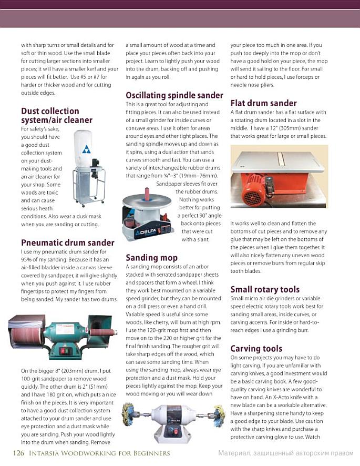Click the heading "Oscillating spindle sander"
click(x=174, y=95)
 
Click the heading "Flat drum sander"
click(x=263, y=103)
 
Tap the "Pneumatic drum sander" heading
click(x=67, y=242)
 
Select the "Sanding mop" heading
click(x=151, y=257)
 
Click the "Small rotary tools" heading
click(x=265, y=289)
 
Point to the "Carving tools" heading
click(x=256, y=349)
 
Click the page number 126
click(x=18, y=453)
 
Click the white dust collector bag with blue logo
click(x=83, y=149)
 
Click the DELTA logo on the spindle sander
click(x=144, y=232)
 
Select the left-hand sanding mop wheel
click(x=129, y=414)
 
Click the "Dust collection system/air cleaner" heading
click(x=56, y=115)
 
